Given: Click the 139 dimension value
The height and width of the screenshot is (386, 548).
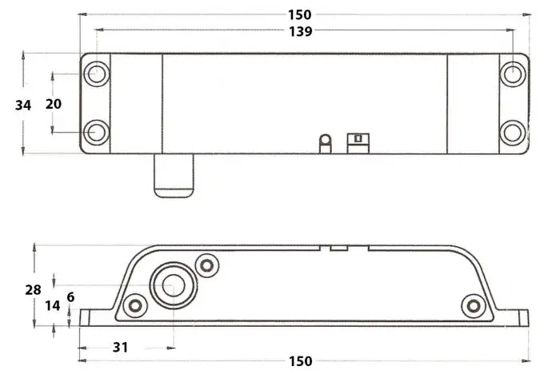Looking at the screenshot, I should [x=302, y=31].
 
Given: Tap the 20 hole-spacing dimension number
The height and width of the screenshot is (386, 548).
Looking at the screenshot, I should [x=53, y=105].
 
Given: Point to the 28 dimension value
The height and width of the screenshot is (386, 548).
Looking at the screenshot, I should [x=33, y=290].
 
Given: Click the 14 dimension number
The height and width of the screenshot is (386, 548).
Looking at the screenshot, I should [x=52, y=305].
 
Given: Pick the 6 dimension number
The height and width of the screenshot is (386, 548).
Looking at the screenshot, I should [x=70, y=296].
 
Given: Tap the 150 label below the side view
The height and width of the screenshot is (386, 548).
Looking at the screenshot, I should [x=300, y=361].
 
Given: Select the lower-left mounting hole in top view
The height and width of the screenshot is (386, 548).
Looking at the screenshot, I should [x=97, y=132].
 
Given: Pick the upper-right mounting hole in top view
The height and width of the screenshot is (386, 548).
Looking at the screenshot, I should [x=511, y=74].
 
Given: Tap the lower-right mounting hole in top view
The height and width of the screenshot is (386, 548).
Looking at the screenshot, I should [x=511, y=132].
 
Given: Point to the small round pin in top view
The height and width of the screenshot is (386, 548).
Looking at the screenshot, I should [x=325, y=141].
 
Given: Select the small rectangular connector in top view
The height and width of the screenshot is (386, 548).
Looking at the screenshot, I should [x=357, y=141].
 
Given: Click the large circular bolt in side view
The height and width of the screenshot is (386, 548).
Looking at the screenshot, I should [x=170, y=285].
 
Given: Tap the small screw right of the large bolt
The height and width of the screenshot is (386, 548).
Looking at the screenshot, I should [x=208, y=265].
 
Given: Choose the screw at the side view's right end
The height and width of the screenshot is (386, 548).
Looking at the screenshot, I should [x=474, y=304].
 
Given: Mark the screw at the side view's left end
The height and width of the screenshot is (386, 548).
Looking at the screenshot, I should [x=135, y=305].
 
